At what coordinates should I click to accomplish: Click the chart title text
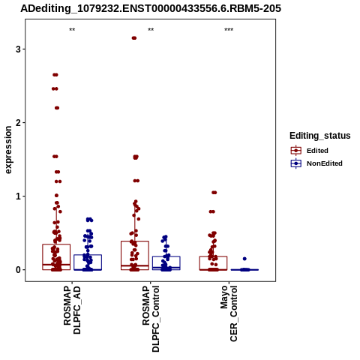[151, 9]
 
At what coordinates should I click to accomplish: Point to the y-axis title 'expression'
[8, 150]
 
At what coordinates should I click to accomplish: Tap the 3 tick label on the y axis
[18, 49]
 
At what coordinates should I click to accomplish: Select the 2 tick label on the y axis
[18, 123]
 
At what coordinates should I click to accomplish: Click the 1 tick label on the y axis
[18, 196]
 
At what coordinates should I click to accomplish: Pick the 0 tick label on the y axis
[18, 270]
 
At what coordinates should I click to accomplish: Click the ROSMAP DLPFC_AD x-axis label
[72, 310]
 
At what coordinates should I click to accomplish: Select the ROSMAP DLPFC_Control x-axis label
[151, 319]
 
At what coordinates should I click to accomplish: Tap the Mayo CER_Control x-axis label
[229, 313]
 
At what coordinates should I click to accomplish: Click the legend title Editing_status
[320, 136]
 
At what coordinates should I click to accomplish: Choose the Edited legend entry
[309, 151]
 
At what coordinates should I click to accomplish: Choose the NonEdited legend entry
[316, 163]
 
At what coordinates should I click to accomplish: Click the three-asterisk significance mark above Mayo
[229, 30]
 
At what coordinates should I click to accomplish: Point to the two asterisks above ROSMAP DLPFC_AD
[72, 30]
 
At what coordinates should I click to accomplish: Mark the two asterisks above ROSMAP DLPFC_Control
[151, 30]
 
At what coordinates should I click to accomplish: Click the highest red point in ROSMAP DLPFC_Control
[134, 38]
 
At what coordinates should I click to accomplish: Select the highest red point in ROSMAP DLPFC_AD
[55, 75]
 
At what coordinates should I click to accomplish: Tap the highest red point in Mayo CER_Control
[214, 193]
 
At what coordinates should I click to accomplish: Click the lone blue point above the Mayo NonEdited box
[244, 259]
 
